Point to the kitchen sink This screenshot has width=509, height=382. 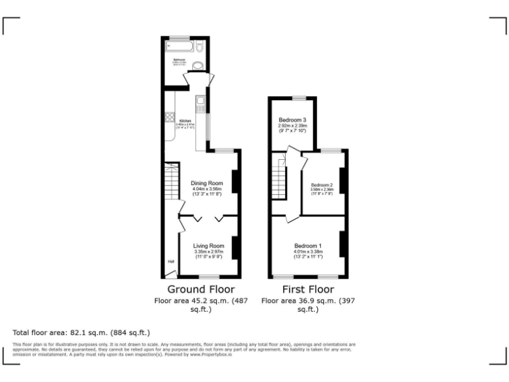[x=199, y=103]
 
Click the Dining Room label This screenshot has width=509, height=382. [x=207, y=183]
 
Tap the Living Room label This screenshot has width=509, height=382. [x=209, y=246]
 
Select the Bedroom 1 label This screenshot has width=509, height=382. [x=308, y=246]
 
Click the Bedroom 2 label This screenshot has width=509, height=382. [x=321, y=184]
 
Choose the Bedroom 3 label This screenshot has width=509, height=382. [x=292, y=119]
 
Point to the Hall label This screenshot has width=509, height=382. [x=170, y=261]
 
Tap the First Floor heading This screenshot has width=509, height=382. [x=308, y=289]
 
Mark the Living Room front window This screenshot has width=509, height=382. [x=210, y=276]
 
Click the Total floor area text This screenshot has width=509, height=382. [x=82, y=332]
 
